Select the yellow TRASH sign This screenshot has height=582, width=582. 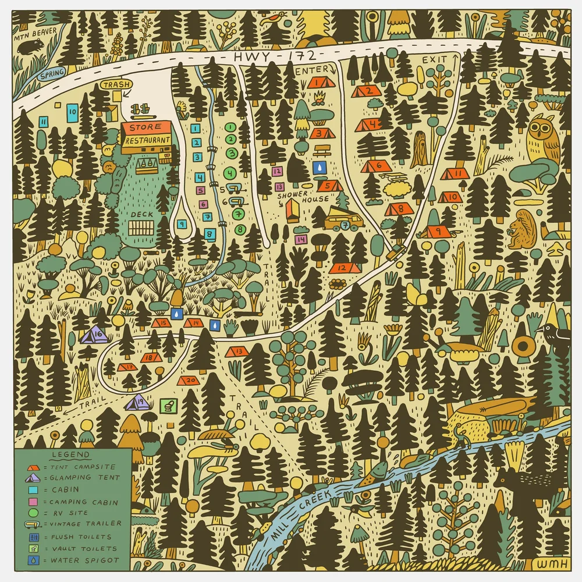click(115, 85)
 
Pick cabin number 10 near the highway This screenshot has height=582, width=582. click(72, 111)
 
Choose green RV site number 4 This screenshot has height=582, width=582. click(230, 172)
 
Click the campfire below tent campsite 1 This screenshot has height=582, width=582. click(318, 102)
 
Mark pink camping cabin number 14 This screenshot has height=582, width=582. click(301, 239)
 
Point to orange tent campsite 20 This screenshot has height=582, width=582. click(188, 380)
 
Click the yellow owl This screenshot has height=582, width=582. click(542, 139)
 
